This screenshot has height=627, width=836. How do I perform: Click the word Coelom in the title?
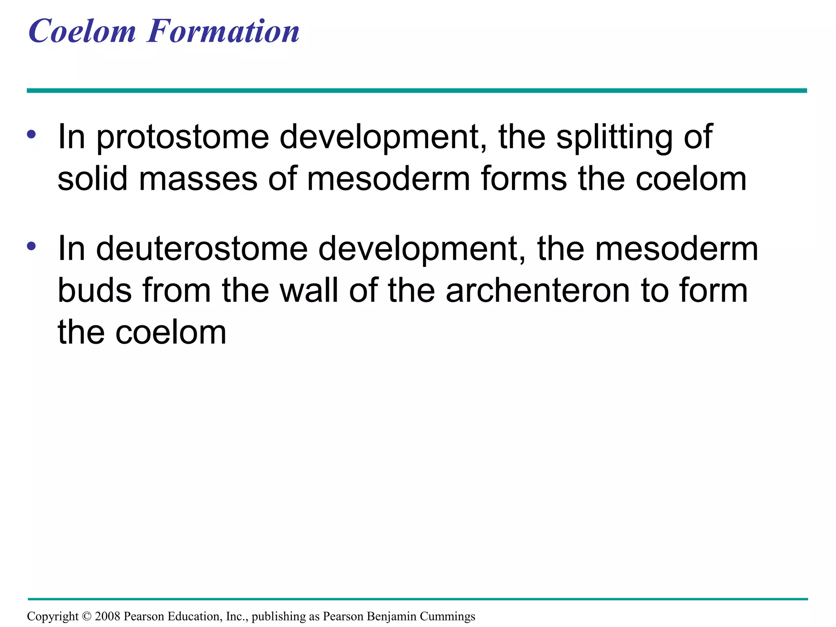tap(82, 32)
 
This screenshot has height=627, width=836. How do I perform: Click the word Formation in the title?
tap(223, 32)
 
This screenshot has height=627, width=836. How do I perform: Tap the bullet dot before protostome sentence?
tap(31, 134)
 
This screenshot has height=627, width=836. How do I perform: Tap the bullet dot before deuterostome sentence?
tap(31, 246)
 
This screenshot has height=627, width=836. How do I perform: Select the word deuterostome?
tap(202, 249)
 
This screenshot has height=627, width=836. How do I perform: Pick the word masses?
tap(198, 180)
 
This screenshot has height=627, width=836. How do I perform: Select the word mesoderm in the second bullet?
tap(676, 249)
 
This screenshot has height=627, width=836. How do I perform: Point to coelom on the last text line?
tap(170, 333)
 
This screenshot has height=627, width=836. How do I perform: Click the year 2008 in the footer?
tap(107, 616)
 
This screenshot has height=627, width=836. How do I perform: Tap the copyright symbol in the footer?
tap(87, 616)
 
